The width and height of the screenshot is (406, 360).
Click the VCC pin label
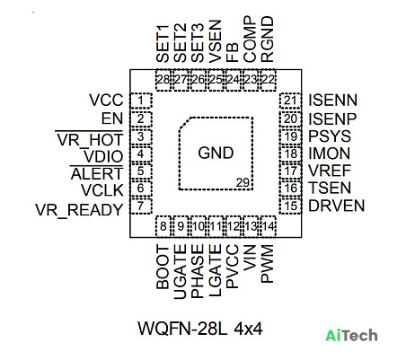coord(106,100)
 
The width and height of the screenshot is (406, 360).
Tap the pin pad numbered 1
coord(141,101)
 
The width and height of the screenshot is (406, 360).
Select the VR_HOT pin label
coord(90,139)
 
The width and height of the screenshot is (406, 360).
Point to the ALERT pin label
coord(97,173)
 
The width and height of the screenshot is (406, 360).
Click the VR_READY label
coord(79,209)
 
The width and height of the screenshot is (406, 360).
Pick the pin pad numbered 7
coord(141,206)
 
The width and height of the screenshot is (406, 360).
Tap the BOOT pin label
coord(163,268)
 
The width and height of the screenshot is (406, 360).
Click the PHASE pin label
coord(198,271)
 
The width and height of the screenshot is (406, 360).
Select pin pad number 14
coord(269,226)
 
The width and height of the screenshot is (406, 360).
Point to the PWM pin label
coord(267,264)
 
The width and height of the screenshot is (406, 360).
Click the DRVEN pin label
coord(337,206)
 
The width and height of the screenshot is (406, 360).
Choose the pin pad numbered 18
coord(290,154)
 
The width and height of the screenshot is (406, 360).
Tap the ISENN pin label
coord(332,100)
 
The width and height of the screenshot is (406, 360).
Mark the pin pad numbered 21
coord(290,101)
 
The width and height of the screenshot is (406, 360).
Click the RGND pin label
coord(267,40)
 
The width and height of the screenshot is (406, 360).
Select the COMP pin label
coord(250,40)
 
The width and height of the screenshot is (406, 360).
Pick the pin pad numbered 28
coord(163,80)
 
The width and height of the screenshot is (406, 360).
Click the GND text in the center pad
coord(216,153)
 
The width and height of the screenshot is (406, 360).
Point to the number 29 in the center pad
coord(243,182)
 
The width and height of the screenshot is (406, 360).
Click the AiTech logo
coord(351,335)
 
